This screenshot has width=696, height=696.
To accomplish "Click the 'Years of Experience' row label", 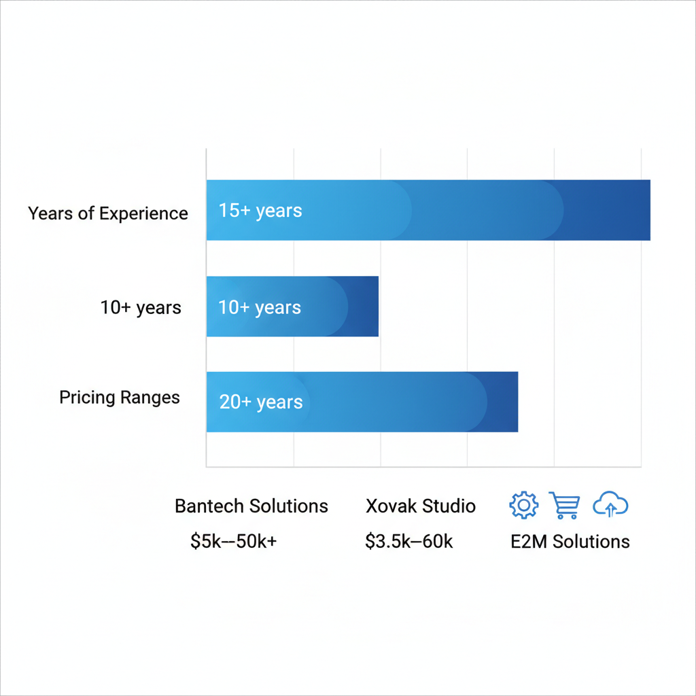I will pos(108,213).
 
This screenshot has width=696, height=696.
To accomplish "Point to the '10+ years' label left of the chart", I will pos(141,307).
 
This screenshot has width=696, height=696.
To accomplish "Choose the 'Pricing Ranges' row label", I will pos(120,398).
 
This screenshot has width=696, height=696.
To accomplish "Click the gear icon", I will pos(523,505).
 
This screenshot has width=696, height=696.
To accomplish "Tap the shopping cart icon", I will pos(565,505).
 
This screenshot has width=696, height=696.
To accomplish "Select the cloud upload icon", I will pos(610,505).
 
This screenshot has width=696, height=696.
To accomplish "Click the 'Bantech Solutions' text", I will pos(251,506).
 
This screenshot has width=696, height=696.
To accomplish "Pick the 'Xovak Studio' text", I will pos(421,506).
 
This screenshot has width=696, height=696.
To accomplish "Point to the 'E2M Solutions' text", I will pos(570,542).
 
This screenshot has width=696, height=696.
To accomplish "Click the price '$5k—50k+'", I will pos(234,542).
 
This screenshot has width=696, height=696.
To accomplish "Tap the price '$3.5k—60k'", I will pos(409,542).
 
